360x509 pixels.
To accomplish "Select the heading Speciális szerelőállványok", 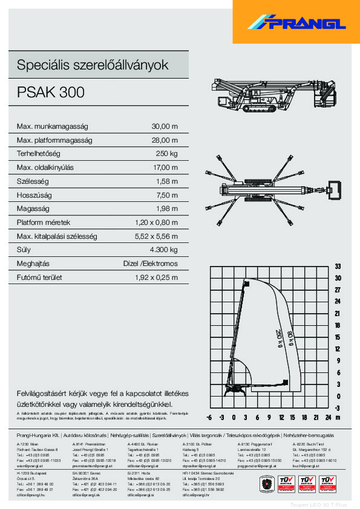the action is [93, 65].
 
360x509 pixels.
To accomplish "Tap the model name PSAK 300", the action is [51, 92].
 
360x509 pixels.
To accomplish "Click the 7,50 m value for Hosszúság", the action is [166, 195].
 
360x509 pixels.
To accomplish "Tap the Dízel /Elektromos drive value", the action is [150, 264].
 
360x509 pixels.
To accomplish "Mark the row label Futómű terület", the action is [40, 277].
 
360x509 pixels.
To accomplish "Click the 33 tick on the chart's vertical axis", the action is [338, 267].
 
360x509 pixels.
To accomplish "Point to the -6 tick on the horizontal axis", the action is [209, 417].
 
